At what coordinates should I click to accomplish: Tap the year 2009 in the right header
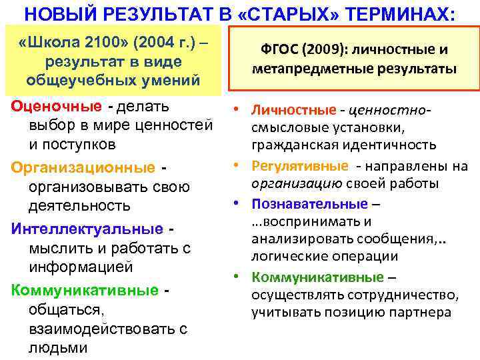tap(323, 49)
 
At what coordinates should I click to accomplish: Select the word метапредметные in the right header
tap(301, 69)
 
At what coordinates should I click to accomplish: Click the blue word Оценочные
tap(56, 107)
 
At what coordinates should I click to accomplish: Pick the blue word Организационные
tap(85, 167)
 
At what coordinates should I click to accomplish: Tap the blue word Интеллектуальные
tap(87, 229)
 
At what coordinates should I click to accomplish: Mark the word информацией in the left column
tap(81, 267)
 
